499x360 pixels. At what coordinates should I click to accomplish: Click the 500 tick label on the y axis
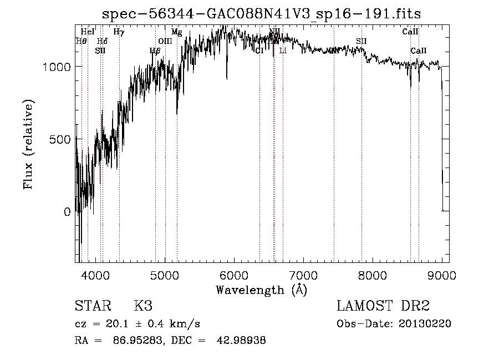pyautogui.click(x=60, y=139)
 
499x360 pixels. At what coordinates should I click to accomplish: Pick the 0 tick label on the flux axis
pyautogui.click(x=67, y=211)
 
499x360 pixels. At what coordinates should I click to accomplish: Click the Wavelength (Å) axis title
pyautogui.click(x=261, y=290)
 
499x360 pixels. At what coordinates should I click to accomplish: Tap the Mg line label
pyautogui.click(x=176, y=32)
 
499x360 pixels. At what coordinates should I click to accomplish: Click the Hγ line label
pyautogui.click(x=119, y=32)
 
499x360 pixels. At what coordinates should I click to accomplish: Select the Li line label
pyautogui.click(x=283, y=50)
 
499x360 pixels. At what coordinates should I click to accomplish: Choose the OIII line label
pyautogui.click(x=165, y=41)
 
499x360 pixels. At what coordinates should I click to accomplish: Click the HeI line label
pyautogui.click(x=88, y=32)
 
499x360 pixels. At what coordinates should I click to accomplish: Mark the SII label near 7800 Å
pyautogui.click(x=361, y=41)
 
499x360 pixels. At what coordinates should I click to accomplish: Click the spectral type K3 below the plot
pyautogui.click(x=143, y=306)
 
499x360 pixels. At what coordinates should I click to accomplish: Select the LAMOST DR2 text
pyautogui.click(x=383, y=306)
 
